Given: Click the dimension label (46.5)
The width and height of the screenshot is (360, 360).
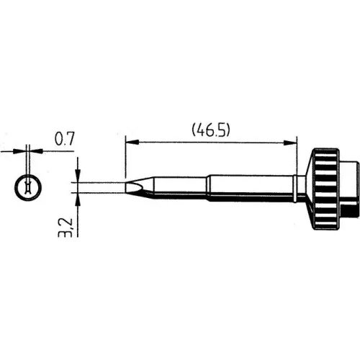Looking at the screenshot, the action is pyautogui.click(x=211, y=130).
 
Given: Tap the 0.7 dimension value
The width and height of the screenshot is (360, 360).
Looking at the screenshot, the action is pyautogui.click(x=65, y=138).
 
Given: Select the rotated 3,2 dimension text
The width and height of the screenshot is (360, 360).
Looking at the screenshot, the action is pyautogui.click(x=66, y=228).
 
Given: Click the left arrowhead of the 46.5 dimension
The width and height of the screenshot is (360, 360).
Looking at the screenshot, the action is pyautogui.click(x=132, y=142).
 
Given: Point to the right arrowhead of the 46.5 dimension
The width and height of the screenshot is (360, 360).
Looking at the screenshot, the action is pyautogui.click(x=290, y=143).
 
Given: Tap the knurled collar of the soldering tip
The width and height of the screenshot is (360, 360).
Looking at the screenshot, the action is pyautogui.click(x=326, y=189).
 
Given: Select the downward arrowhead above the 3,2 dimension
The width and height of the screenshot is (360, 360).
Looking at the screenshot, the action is pyautogui.click(x=78, y=174).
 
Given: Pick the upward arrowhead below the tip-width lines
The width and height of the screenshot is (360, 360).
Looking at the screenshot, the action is pyautogui.click(x=78, y=200).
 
